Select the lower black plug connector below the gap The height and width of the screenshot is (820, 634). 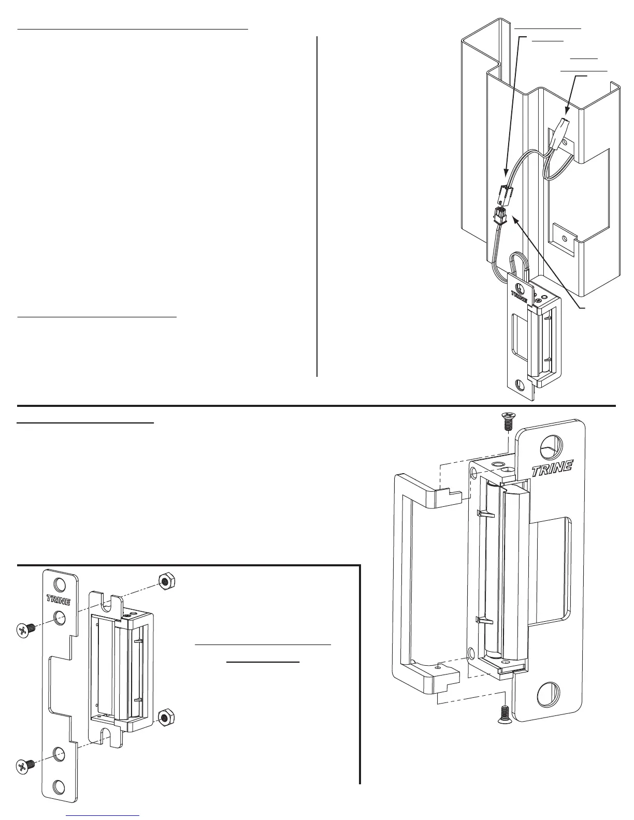(499, 214)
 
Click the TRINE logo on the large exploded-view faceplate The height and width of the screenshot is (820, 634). (552, 469)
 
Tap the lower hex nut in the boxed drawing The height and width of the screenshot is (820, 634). (165, 717)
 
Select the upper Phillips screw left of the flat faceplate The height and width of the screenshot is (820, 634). (23, 629)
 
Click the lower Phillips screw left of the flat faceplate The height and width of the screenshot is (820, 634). (23, 765)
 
